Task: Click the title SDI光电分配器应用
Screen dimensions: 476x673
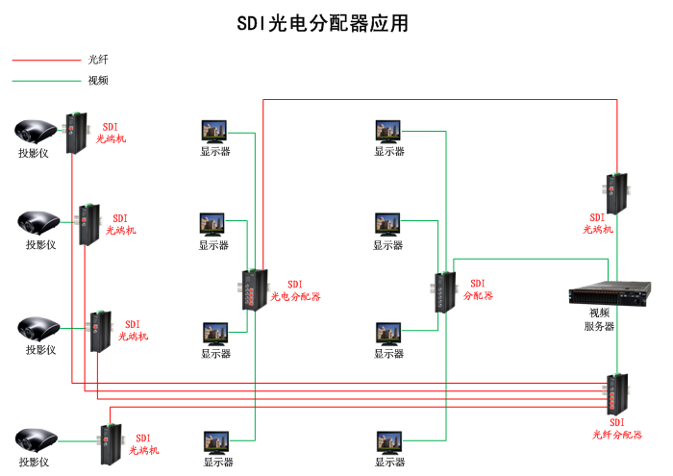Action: click(x=322, y=23)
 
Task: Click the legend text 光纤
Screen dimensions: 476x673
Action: click(x=98, y=60)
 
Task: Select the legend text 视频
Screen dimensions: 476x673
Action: click(x=98, y=81)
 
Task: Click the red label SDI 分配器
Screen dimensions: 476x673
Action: click(x=478, y=289)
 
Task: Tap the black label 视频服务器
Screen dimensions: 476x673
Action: click(x=599, y=319)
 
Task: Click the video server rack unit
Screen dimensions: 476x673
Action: click(x=604, y=293)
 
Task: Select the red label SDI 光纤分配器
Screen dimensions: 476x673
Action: click(x=616, y=429)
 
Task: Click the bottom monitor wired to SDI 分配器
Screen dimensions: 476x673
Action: click(x=389, y=442)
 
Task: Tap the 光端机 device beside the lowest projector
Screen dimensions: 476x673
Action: click(x=109, y=444)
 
